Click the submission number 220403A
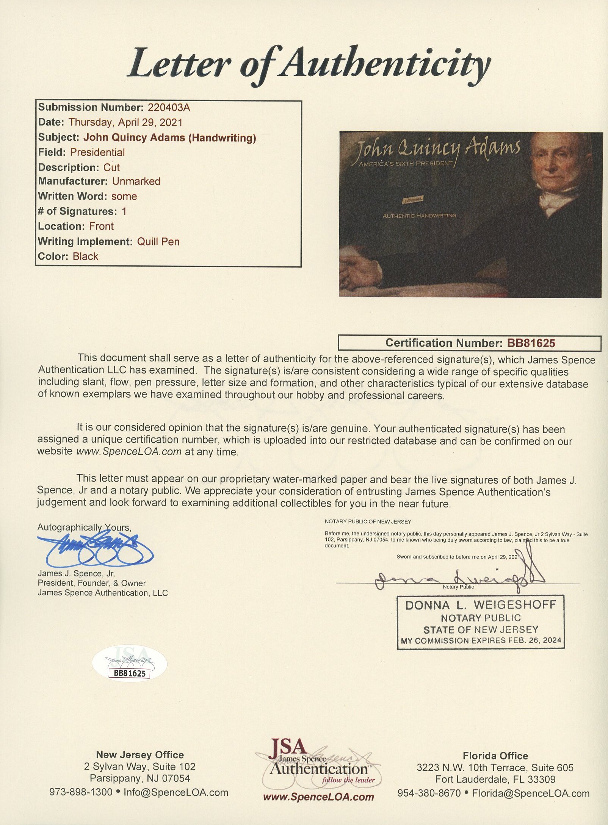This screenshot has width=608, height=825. pyautogui.click(x=169, y=108)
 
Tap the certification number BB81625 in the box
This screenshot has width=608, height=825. pyautogui.click(x=531, y=343)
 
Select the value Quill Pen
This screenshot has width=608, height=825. pyautogui.click(x=158, y=242)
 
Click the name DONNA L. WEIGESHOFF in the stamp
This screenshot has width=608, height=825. pyautogui.click(x=480, y=605)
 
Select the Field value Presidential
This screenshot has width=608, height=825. pyautogui.click(x=97, y=152)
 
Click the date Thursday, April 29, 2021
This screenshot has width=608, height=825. pyautogui.click(x=125, y=122)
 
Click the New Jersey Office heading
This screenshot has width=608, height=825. pyautogui.click(x=139, y=755)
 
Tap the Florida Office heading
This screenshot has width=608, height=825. pyautogui.click(x=495, y=756)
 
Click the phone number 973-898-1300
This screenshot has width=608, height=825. pyautogui.click(x=81, y=792)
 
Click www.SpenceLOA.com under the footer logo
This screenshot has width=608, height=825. pyautogui.click(x=318, y=797)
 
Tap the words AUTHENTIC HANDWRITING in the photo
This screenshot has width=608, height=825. pyautogui.click(x=419, y=216)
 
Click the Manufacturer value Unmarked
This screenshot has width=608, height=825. pyautogui.click(x=136, y=182)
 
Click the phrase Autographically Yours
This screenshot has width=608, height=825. pyautogui.click(x=84, y=528)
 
